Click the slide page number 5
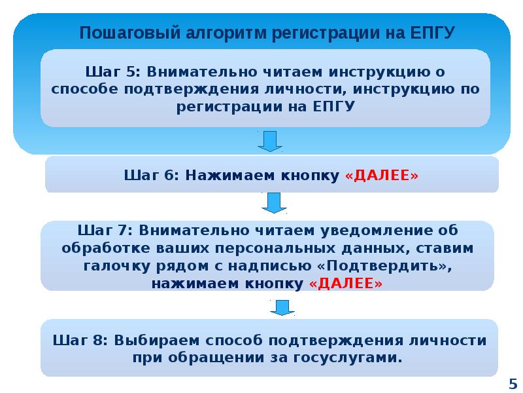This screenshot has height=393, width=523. coord(512,383)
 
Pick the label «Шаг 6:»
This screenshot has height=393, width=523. coord(151,175)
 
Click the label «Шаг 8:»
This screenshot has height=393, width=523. coord(80,341)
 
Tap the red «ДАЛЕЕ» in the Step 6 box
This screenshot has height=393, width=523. coord(381,175)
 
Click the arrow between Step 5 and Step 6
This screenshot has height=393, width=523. coord(269,141)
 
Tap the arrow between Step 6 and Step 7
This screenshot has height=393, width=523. coord(273,202)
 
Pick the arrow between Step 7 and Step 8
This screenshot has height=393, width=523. coord(282,307)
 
